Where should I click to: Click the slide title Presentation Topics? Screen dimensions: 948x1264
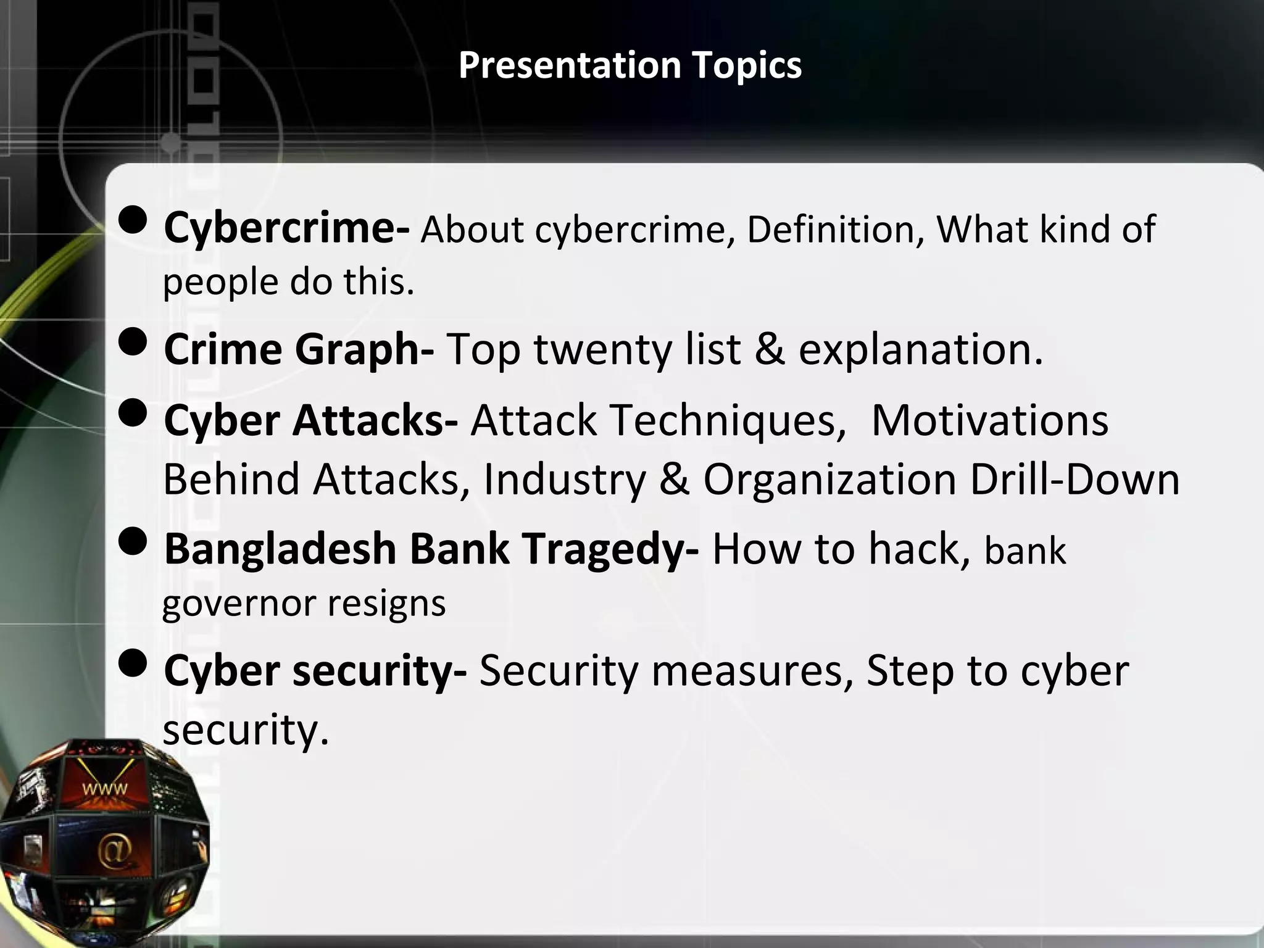(630, 65)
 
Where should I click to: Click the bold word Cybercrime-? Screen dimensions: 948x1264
(286, 228)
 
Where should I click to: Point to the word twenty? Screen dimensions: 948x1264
(602, 350)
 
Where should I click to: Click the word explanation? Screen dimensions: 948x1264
(920, 350)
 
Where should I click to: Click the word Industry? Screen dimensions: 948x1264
(565, 480)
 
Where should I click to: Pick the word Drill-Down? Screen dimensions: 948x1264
(1075, 480)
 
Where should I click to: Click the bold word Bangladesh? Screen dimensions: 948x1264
(280, 549)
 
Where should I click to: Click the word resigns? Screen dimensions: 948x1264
(386, 604)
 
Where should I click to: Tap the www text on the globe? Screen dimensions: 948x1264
(106, 788)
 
